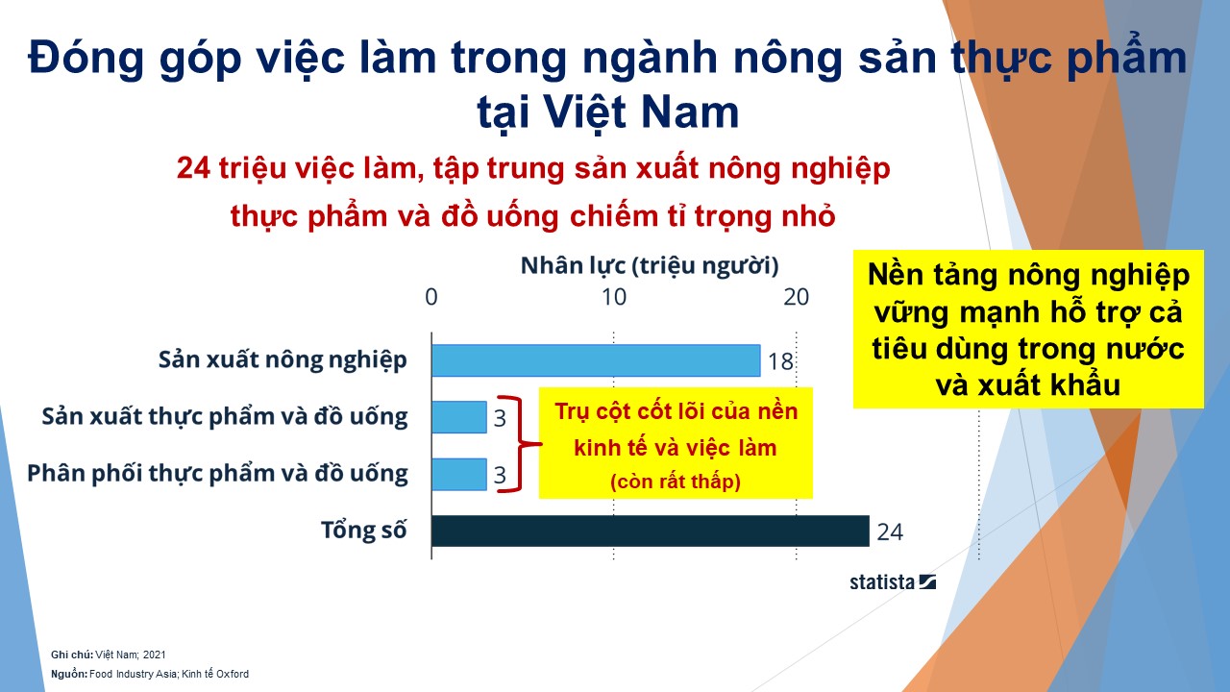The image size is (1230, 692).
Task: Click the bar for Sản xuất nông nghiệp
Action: click(596, 360)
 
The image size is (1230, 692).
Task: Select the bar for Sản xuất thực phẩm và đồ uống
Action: click(459, 417)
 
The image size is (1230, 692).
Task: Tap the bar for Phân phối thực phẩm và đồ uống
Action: click(459, 475)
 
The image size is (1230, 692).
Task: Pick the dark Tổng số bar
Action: click(651, 531)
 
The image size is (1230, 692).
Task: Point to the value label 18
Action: click(780, 362)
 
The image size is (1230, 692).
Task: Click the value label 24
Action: click(890, 532)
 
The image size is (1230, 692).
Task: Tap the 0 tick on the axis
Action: click(431, 297)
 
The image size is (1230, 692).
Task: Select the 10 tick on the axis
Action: click(614, 297)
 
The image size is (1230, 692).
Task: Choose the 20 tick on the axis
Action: click(797, 297)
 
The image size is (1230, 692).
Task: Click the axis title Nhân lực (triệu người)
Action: click(650, 266)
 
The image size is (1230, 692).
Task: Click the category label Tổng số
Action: click(363, 531)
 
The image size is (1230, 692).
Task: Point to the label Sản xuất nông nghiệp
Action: click(283, 360)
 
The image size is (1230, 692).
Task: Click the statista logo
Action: click(893, 582)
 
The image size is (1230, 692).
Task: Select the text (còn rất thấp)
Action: click(676, 482)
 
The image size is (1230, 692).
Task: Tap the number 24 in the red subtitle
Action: click(193, 168)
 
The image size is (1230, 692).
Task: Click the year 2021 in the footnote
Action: click(155, 655)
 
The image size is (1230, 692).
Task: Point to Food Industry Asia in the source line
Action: click(134, 674)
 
